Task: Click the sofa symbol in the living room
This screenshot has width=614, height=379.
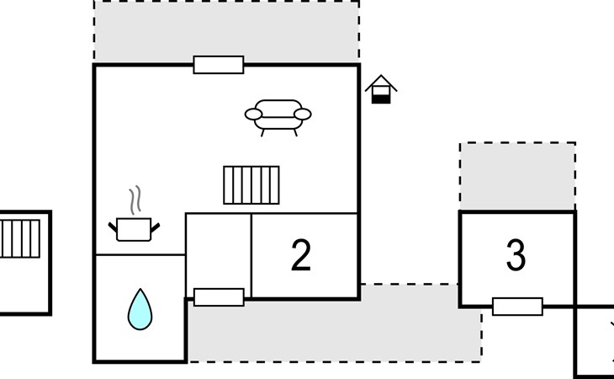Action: (278, 116)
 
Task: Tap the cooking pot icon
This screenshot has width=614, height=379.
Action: (134, 229)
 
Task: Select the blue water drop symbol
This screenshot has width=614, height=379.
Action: (140, 310)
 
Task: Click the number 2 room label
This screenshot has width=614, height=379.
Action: (301, 255)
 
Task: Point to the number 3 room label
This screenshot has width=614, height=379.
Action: (516, 255)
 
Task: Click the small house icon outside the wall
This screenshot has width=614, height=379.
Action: (381, 89)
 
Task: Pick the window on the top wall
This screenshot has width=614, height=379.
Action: (219, 65)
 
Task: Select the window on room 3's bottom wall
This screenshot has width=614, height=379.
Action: (517, 307)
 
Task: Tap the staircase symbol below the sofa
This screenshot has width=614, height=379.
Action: (251, 185)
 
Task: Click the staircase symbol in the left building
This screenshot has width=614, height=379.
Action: (19, 238)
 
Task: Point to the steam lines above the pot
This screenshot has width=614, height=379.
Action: (135, 200)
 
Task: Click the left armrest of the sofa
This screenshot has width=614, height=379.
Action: (253, 115)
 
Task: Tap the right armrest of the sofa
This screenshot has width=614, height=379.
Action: (303, 115)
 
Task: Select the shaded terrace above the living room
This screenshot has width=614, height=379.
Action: (226, 30)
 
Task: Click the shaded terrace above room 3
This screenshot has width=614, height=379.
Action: (517, 176)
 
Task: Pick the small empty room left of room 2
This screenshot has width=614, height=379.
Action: (218, 251)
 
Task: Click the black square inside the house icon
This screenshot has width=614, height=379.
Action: (381, 99)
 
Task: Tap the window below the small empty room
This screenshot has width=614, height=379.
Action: (219, 297)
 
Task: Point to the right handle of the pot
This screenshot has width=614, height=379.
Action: (156, 227)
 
